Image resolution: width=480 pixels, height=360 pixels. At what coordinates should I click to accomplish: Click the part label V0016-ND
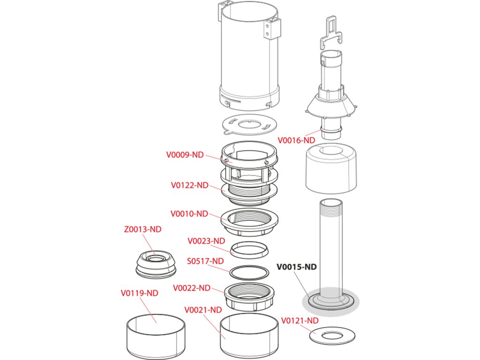click(x=296, y=140)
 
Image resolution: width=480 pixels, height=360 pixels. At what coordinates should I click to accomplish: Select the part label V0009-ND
click(x=185, y=155)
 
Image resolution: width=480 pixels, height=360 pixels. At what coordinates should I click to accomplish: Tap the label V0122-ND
click(x=189, y=185)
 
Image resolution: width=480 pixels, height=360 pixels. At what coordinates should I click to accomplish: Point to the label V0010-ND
click(x=189, y=213)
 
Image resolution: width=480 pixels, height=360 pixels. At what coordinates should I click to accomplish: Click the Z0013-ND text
click(x=142, y=229)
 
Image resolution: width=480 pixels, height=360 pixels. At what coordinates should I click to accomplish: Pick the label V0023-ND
click(x=206, y=241)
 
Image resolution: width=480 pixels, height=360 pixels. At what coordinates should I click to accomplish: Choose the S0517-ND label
click(x=205, y=261)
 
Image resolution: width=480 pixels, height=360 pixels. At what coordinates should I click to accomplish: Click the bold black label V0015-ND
click(x=297, y=267)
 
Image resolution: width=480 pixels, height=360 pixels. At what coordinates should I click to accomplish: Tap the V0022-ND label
click(x=192, y=288)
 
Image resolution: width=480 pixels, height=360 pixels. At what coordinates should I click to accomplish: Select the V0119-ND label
click(x=140, y=293)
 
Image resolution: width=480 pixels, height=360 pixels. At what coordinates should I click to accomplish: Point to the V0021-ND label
click(x=203, y=310)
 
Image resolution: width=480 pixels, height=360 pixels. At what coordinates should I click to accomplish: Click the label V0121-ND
click(x=300, y=321)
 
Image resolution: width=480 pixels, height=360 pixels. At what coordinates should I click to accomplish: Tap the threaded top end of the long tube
click(x=330, y=206)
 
